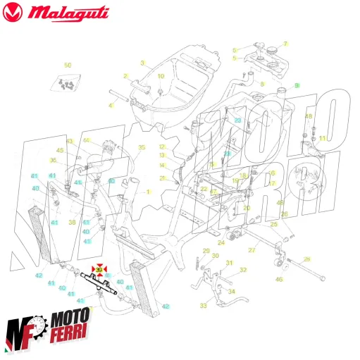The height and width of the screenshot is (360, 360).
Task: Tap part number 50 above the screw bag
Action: click(x=68, y=65)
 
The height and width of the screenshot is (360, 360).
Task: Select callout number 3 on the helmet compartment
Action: click(x=142, y=63)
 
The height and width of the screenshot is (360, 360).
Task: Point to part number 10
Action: click(x=160, y=76)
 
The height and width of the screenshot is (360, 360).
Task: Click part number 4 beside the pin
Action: click(x=110, y=106)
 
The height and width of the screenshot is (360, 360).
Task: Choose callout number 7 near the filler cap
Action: click(x=286, y=44)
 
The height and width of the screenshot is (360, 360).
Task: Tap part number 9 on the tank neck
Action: click(x=297, y=85)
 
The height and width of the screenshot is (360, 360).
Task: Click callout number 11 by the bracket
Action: click(x=323, y=138)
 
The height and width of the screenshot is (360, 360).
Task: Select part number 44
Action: click(x=87, y=140)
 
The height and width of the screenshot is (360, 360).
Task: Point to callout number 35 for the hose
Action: click(x=141, y=147)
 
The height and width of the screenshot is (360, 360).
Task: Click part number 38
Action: click(x=71, y=222)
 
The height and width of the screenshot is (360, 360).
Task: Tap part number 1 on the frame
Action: click(x=148, y=192)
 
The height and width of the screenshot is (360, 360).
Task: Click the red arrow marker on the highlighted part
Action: click(x=99, y=269)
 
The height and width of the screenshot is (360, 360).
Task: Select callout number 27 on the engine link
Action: click(x=252, y=250)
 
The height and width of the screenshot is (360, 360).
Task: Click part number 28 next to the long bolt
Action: click(x=306, y=259)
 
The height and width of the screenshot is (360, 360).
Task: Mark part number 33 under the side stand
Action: click(x=203, y=306)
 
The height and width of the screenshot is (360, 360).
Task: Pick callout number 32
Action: click(x=243, y=270)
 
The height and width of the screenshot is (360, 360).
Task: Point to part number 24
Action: click(x=221, y=242)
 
